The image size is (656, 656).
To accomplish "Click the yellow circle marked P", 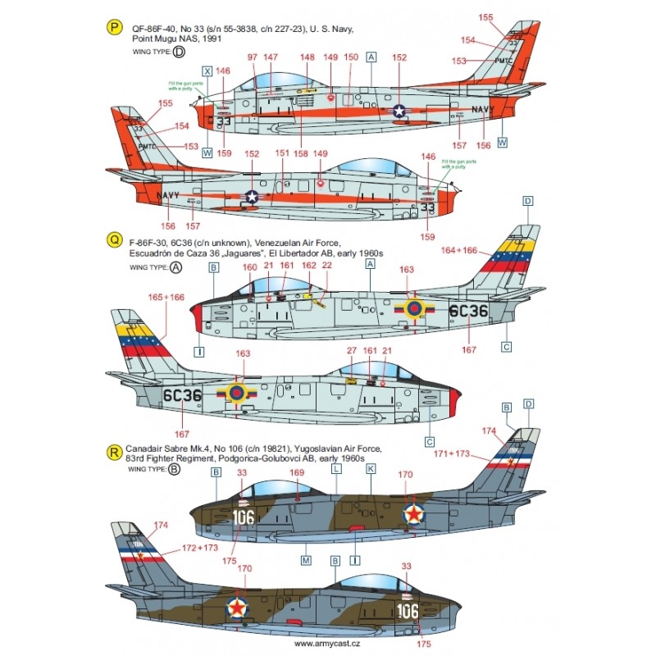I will (x=112, y=27).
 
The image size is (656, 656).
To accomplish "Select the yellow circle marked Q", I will (x=112, y=238).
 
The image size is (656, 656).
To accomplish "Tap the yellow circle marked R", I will (x=112, y=449).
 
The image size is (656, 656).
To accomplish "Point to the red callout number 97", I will (x=252, y=57).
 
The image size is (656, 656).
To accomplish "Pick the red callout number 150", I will (x=350, y=57).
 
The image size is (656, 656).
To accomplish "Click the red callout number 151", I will (x=283, y=153).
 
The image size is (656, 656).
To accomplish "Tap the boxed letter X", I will (x=207, y=71).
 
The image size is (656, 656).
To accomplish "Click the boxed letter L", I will (x=337, y=467).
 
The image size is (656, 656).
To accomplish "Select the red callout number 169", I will (x=297, y=472).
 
